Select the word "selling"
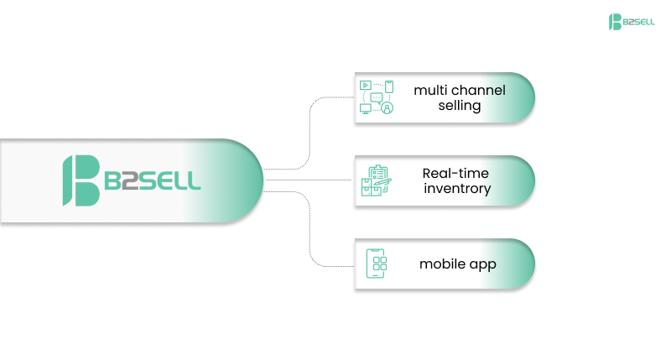tap(459, 106)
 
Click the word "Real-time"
tap(455, 173)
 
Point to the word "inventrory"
tap(457, 189)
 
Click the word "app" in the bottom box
tap(482, 265)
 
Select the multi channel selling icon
tap(377, 97)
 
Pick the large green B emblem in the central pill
tap(81, 180)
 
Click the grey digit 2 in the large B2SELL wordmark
tap(131, 180)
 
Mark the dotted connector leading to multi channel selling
tap(312, 126)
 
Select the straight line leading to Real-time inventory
tap(310, 179)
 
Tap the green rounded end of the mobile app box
tap(519, 264)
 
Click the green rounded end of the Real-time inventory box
tap(519, 181)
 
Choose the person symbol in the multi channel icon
tap(387, 108)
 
